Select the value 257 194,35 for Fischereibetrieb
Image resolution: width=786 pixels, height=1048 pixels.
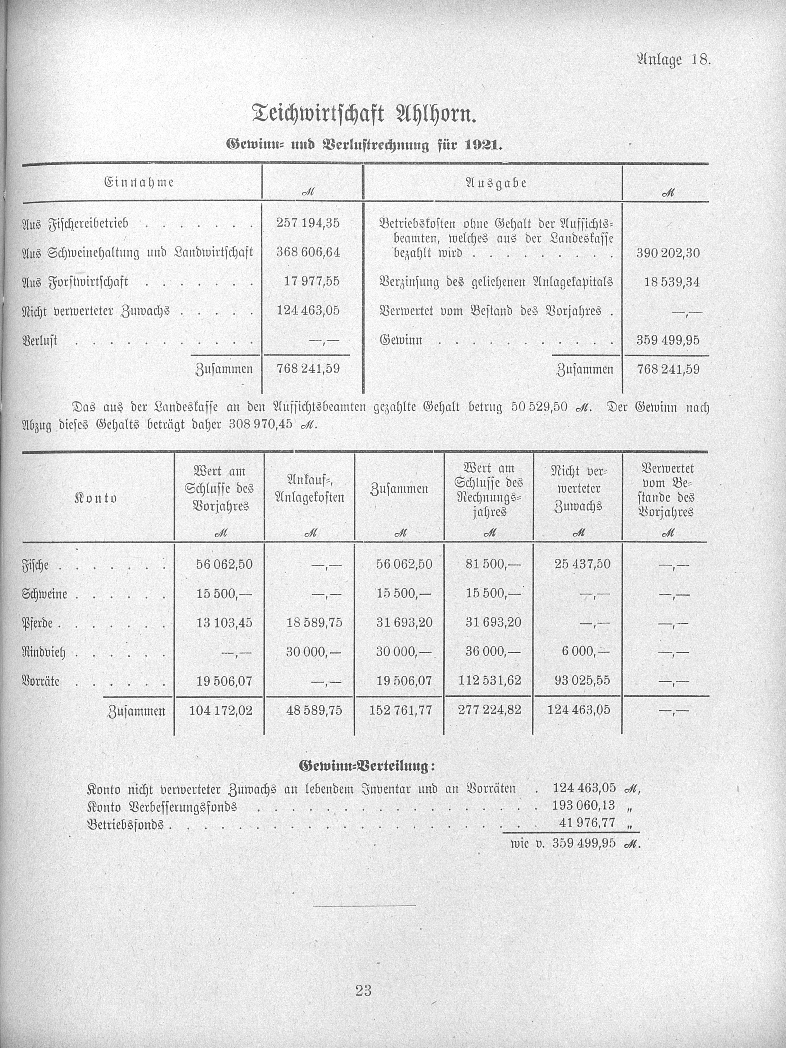coord(308,223)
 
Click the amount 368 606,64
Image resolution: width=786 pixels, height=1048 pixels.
coord(308,252)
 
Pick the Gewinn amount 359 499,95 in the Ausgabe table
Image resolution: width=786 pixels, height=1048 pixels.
coord(668,340)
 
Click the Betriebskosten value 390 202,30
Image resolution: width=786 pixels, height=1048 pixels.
coord(668,253)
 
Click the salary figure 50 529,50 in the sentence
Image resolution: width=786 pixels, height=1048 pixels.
coord(539,407)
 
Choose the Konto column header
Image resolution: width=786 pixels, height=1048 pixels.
coord(96,498)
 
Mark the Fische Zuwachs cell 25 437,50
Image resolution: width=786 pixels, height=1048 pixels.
coord(582,564)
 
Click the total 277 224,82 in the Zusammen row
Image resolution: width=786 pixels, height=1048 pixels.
coord(490,710)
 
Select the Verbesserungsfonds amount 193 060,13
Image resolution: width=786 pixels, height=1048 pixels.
coord(584,805)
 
